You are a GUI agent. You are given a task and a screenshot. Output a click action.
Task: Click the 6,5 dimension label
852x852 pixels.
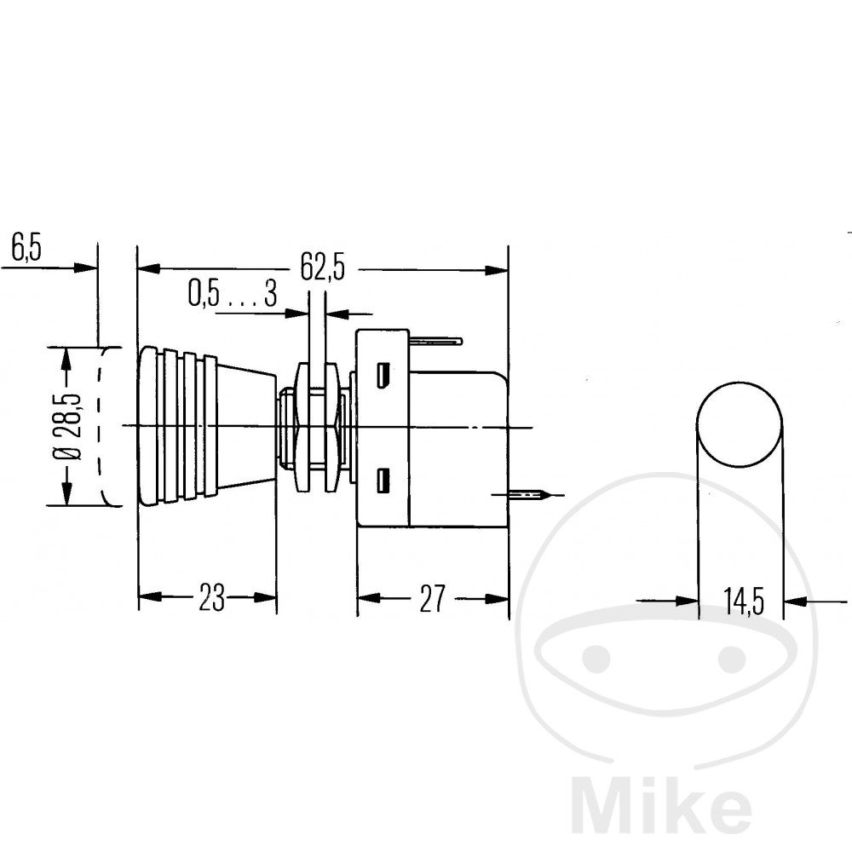click(x=26, y=249)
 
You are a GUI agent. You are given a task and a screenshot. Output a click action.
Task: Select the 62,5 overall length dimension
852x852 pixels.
click(x=323, y=268)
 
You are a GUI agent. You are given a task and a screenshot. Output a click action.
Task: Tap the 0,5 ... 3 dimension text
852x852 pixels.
click(x=233, y=294)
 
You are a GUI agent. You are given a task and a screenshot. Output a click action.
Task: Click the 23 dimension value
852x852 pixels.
click(x=211, y=598)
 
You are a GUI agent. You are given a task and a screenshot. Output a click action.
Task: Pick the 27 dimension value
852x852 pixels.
click(x=432, y=599)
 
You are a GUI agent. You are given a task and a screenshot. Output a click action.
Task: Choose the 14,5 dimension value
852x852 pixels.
click(x=743, y=602)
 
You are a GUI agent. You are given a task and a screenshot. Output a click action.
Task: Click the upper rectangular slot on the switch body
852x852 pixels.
click(x=383, y=374)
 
